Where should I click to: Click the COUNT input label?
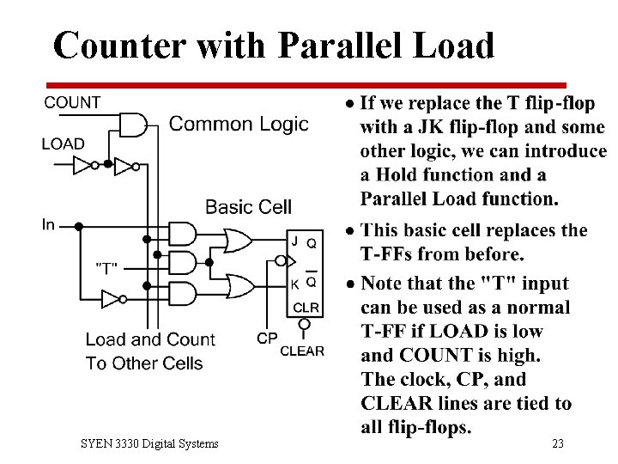pyautogui.click(x=72, y=102)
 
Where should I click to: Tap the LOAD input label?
pyautogui.click(x=63, y=143)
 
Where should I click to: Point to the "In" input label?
pyautogui.click(x=48, y=225)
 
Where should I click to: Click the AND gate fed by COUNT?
pyautogui.click(x=133, y=125)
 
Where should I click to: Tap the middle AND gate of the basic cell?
pyautogui.click(x=182, y=261)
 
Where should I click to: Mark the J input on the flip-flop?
pyautogui.click(x=294, y=241)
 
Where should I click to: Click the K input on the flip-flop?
pyautogui.click(x=294, y=283)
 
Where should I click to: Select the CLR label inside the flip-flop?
pyautogui.click(x=306, y=307)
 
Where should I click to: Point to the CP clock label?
pyautogui.click(x=267, y=339)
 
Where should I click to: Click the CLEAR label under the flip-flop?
pyautogui.click(x=302, y=351)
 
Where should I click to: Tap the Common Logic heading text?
pyautogui.click(x=239, y=124)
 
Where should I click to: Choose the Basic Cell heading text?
pyautogui.click(x=248, y=206)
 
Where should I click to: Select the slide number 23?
pyautogui.click(x=558, y=443)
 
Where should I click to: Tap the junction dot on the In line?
pyautogui.click(x=78, y=226)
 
